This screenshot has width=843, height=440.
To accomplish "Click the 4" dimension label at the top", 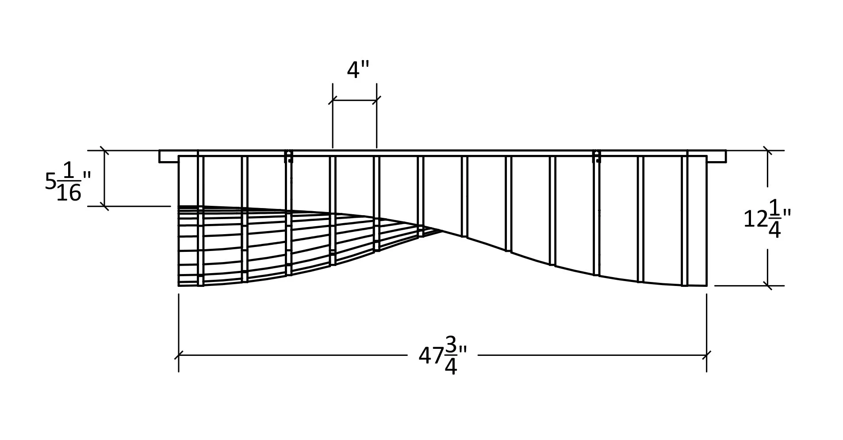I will [x=357, y=70].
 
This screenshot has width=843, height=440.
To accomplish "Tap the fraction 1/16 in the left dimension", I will [x=69, y=182].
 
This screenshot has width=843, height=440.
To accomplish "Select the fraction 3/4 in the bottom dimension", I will [x=451, y=355].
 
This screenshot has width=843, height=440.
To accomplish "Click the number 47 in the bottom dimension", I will [x=431, y=355].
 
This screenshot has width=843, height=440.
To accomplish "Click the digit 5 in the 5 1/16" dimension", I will [x=50, y=181].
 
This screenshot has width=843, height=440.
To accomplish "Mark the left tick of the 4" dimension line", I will [x=333, y=100].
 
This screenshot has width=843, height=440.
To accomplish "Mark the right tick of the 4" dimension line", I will [x=376, y=100].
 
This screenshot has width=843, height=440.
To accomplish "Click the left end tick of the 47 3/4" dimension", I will [x=179, y=355].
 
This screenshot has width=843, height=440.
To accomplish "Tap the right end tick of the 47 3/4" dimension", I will [x=706, y=355].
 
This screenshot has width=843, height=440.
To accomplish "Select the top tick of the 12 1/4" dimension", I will [x=767, y=151].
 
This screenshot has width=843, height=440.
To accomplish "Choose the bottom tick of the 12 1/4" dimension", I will [x=767, y=286].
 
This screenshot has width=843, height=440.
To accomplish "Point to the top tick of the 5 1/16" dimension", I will [x=104, y=151].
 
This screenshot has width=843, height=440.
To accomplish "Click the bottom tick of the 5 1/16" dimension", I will [x=104, y=206].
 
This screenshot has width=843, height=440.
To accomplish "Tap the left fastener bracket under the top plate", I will [x=288, y=157].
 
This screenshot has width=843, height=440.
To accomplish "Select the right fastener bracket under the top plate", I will [x=596, y=157].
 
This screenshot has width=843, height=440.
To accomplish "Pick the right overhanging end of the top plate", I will [x=717, y=156].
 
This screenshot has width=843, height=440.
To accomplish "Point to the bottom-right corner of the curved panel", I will [x=706, y=286].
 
